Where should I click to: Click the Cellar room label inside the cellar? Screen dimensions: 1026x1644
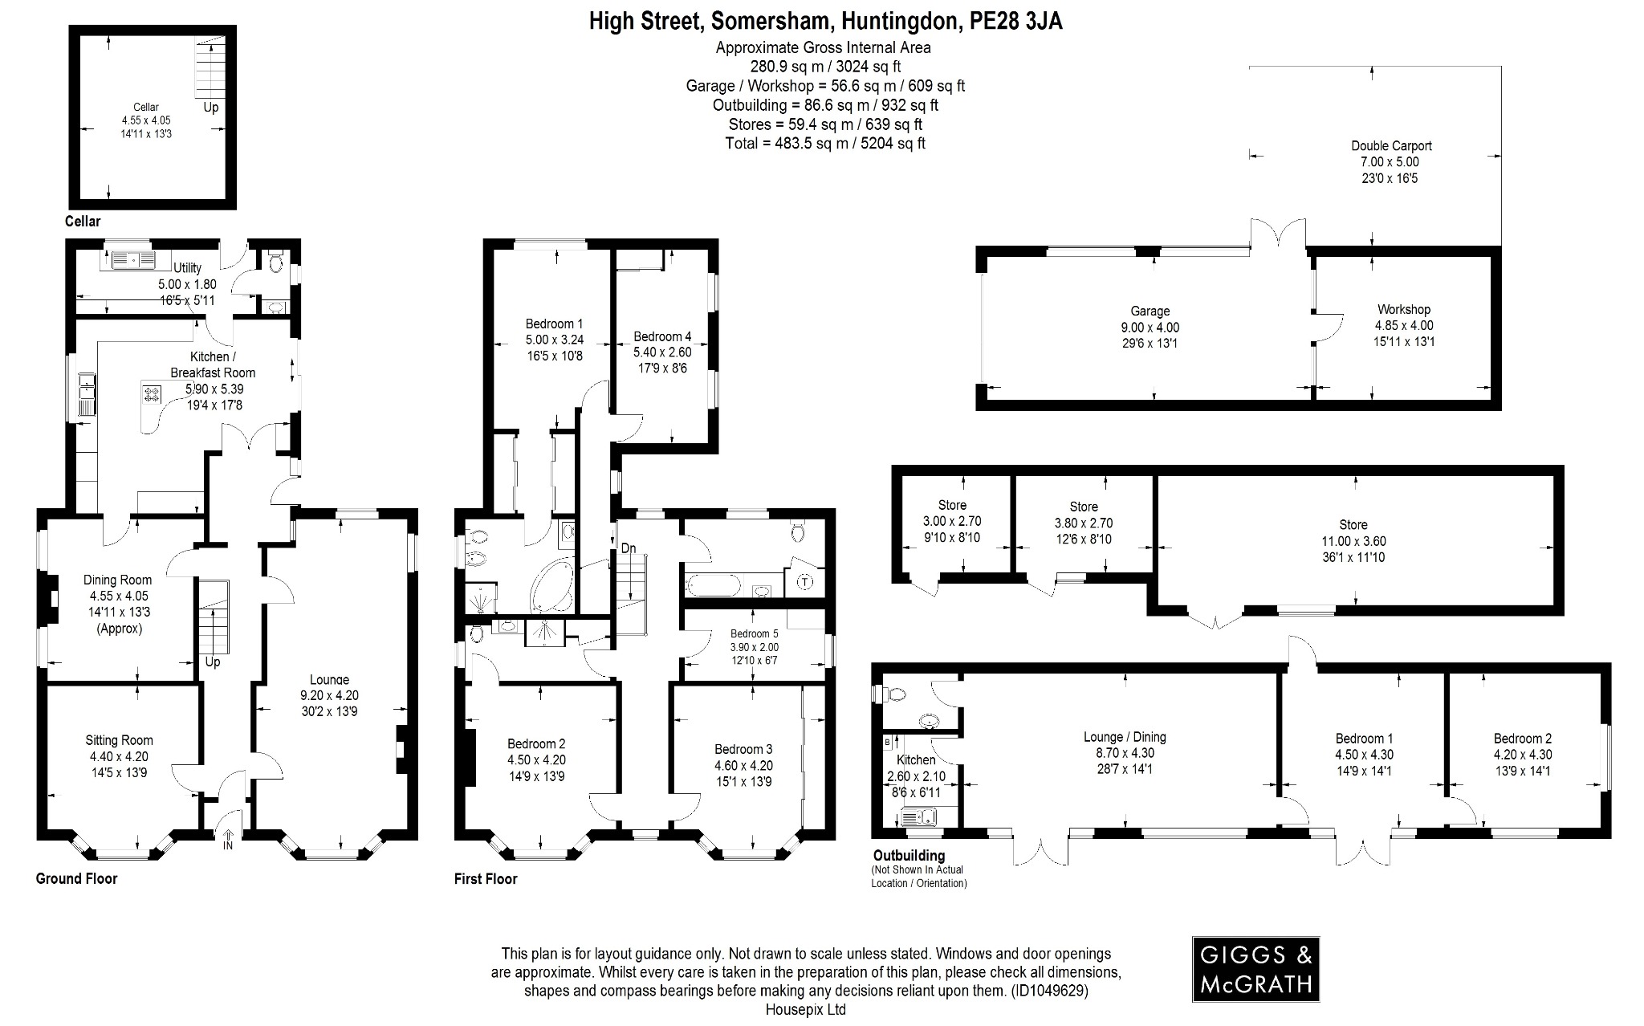coord(145,107)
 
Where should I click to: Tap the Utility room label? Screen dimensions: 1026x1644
coord(187,268)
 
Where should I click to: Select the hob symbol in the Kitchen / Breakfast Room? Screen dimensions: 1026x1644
coord(152,394)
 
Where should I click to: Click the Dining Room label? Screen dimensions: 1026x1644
coord(118,580)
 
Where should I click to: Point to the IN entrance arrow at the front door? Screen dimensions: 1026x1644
coord(228,840)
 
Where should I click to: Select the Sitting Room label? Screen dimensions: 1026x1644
coord(119,740)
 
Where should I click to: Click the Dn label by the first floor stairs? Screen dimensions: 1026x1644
coord(629,548)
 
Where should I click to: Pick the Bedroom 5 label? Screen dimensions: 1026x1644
coord(754,633)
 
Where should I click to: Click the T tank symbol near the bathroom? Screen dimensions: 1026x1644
coord(805,582)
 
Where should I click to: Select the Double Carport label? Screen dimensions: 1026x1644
coord(1391,146)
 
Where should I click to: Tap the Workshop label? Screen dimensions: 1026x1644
coord(1404,309)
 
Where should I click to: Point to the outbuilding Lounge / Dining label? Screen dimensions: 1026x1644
coord(1125,737)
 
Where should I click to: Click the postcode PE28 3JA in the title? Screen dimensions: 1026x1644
coord(1015,21)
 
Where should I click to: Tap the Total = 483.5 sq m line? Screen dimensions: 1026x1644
coord(825,144)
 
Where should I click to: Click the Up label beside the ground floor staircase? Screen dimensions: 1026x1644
coord(213,662)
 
